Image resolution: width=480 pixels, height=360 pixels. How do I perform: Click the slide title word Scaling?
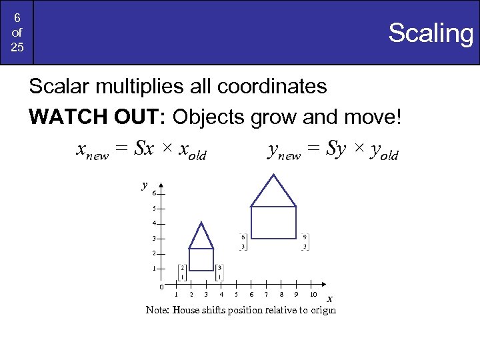point(430,33)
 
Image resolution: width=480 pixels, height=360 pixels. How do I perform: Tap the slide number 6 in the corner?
point(17,19)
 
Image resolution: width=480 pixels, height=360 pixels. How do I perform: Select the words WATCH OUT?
point(97,117)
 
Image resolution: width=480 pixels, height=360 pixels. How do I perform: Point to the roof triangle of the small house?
point(201,237)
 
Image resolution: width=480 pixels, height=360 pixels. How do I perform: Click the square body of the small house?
point(201,259)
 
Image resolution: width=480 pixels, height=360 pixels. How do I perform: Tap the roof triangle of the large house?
point(273,191)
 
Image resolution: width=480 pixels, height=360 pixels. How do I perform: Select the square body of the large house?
point(273,222)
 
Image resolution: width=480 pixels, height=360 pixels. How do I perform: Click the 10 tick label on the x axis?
point(313,294)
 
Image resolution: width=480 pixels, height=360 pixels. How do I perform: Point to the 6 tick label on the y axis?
point(154,194)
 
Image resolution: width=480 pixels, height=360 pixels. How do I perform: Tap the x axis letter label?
point(329,299)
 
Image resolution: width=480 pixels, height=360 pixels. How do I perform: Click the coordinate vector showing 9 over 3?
point(305,241)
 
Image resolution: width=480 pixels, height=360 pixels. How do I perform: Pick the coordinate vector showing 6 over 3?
point(243,241)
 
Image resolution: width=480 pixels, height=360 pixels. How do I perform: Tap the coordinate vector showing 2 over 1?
point(183,272)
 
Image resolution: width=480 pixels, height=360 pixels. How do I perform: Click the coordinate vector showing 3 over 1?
point(219,272)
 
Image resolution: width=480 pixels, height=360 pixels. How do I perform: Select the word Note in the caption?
point(157,310)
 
